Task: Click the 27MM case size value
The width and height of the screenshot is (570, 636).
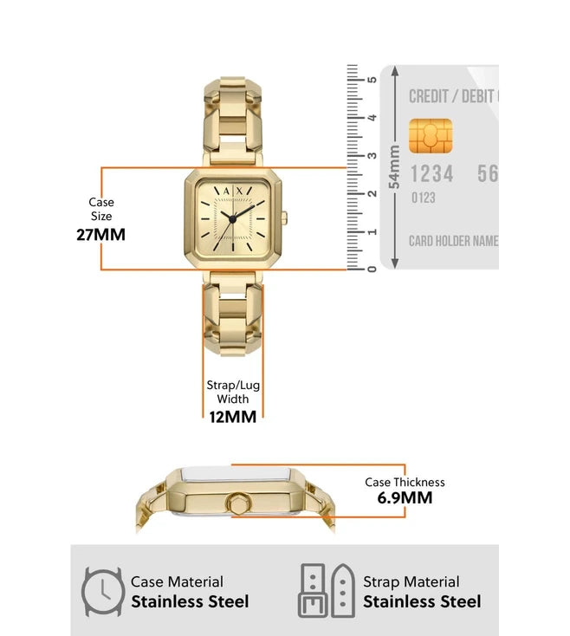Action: point(100,234)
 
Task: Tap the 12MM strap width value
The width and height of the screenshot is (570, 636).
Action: point(233,416)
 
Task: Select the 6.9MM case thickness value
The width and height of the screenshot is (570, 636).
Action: point(405,497)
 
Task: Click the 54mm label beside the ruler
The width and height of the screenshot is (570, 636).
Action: point(394,166)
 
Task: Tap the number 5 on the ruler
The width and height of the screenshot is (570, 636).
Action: point(372,80)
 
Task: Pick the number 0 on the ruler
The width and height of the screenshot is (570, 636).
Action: point(372,269)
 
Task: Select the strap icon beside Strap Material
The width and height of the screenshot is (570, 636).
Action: point(326,592)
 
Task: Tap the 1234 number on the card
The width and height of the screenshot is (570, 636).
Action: point(431,174)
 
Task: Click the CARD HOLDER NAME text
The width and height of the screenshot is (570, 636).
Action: point(453,241)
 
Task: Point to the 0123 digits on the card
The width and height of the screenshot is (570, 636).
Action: point(423,198)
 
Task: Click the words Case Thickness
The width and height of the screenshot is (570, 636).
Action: point(405,482)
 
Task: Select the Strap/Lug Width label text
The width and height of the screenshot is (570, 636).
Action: point(233,392)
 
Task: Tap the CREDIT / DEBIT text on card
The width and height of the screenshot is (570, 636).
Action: point(453,96)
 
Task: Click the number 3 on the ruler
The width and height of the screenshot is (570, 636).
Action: point(372,156)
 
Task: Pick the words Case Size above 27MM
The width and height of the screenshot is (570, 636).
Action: point(101,209)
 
